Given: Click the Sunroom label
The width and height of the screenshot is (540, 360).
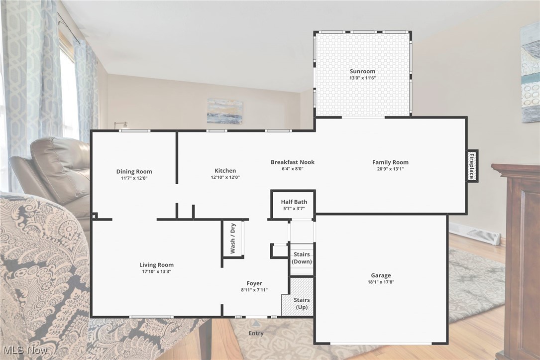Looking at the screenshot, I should [x=362, y=71].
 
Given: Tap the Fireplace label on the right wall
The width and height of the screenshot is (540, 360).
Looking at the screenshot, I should [x=471, y=166].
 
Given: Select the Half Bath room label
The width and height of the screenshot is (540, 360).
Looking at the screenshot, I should [x=294, y=202].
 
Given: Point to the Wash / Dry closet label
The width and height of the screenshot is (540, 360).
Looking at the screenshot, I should [x=232, y=238].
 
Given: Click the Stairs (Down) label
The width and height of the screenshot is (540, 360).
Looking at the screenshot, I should [x=302, y=258].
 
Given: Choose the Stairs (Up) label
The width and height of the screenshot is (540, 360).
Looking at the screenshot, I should [x=302, y=303].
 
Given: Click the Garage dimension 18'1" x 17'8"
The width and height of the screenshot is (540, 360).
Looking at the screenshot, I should [x=381, y=282].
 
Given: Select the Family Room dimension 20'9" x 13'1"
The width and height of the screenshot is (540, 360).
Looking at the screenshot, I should [x=390, y=169].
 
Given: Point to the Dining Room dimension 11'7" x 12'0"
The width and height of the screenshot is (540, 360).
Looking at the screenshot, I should [x=134, y=178].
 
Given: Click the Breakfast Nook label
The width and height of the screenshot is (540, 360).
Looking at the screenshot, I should [x=293, y=162].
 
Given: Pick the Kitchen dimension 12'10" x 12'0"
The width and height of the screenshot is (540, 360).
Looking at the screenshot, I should [x=225, y=177].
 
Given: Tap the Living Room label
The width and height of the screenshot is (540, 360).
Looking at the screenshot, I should [x=156, y=265].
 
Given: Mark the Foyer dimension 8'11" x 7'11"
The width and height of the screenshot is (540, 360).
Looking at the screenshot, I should [x=254, y=290].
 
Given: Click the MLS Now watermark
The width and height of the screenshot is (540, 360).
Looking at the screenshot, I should [x=25, y=350].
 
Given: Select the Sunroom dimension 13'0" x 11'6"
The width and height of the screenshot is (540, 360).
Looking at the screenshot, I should [x=362, y=78].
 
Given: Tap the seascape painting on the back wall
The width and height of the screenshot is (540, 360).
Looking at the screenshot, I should [x=225, y=111].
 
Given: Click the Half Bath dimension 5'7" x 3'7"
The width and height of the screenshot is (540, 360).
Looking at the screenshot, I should [x=294, y=208].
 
